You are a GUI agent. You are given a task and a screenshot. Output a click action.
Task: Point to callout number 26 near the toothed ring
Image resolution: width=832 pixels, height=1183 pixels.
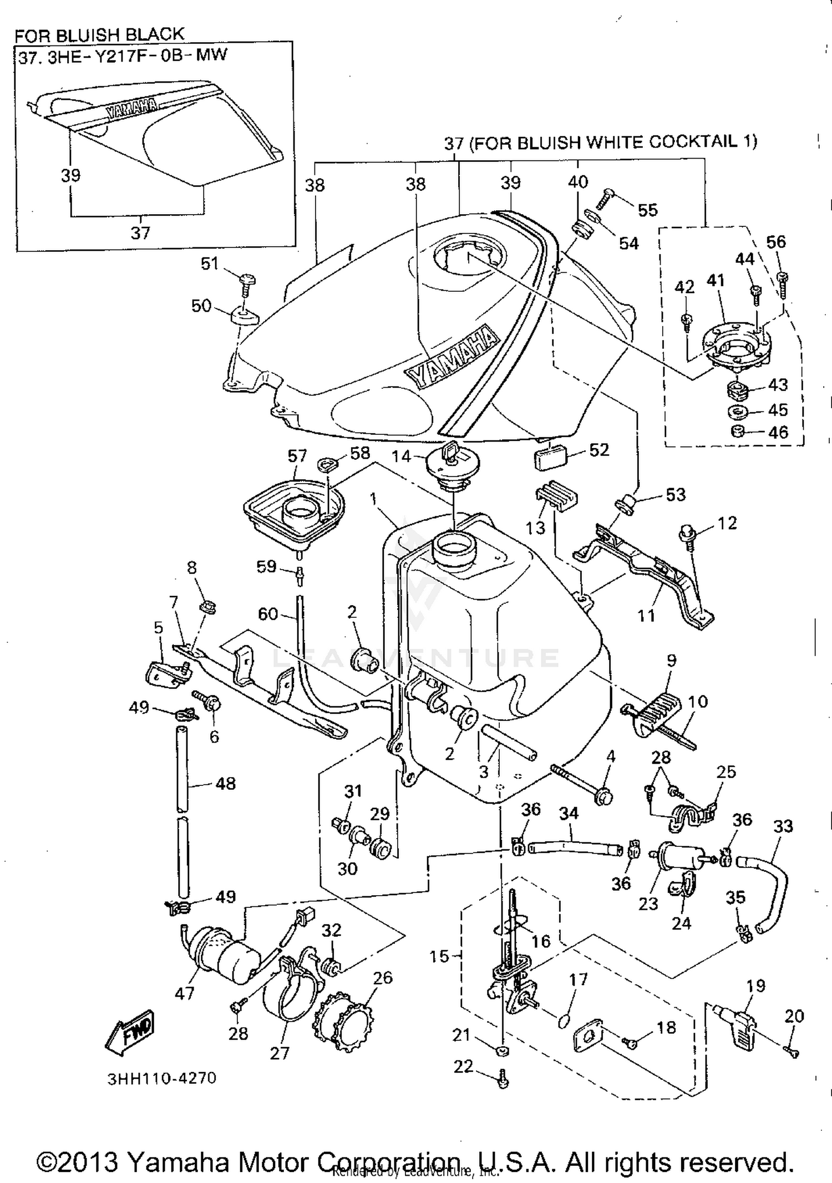(383, 977)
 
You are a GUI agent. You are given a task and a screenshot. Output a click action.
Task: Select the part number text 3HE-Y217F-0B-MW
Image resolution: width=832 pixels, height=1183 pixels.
(137, 56)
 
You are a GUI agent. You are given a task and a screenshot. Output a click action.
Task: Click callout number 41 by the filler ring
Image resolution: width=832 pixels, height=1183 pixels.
(716, 280)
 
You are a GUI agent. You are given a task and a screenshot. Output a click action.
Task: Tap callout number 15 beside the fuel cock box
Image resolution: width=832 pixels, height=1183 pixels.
(439, 956)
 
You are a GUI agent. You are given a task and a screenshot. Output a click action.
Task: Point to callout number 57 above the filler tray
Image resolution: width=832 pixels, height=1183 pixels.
(297, 456)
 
